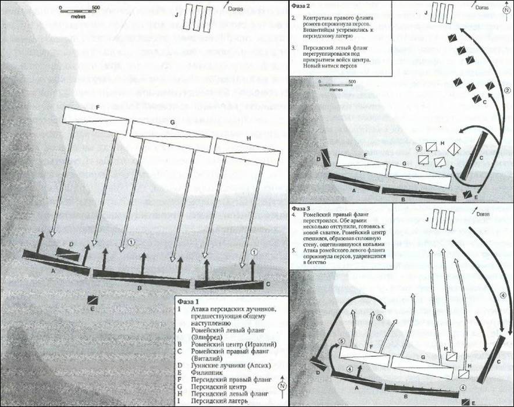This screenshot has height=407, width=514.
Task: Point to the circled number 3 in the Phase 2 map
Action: pos(419,149)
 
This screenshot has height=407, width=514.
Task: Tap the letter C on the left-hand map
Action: pos(267,284)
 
